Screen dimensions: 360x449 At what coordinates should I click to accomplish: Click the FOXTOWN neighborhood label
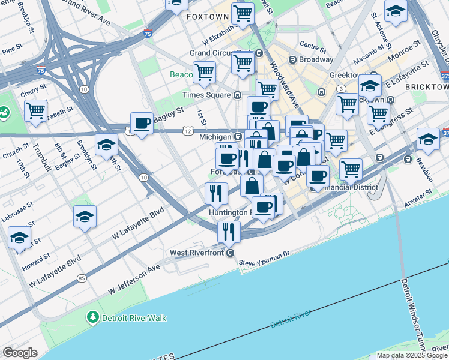click(207, 16)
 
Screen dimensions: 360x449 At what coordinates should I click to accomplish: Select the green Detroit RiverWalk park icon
click(92, 317)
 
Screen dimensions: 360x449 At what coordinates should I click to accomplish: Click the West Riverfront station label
click(197, 253)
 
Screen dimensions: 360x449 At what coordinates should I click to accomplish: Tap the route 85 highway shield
click(81, 278)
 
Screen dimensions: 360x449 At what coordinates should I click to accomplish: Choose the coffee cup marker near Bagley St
click(142, 124)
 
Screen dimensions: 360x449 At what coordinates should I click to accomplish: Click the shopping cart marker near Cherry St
click(36, 110)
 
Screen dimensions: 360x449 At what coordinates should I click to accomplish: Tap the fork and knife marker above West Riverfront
click(228, 231)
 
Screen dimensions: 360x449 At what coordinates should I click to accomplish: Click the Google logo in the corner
click(20, 352)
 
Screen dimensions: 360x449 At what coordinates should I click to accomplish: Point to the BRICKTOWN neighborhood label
click(427, 87)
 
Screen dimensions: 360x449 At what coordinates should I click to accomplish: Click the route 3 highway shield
click(340, 88)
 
